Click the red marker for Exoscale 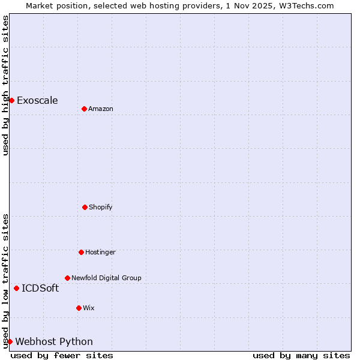click(x=11, y=100)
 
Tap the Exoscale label click(x=37, y=101)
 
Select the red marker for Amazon click(x=84, y=109)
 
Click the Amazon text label click(x=101, y=109)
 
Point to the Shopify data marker click(x=85, y=207)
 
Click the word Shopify click(x=101, y=208)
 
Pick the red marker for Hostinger click(x=81, y=252)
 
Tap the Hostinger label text click(x=100, y=253)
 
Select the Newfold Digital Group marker click(x=67, y=278)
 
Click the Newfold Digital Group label click(x=106, y=278)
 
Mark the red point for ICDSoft click(x=16, y=288)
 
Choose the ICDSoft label click(x=40, y=289)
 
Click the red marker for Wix click(x=79, y=308)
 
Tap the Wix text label click(x=89, y=308)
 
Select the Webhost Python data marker click(x=10, y=341)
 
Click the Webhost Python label click(x=54, y=342)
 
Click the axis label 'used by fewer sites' click(x=62, y=355)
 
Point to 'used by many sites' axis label click(x=301, y=355)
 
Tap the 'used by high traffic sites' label click(x=6, y=85)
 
